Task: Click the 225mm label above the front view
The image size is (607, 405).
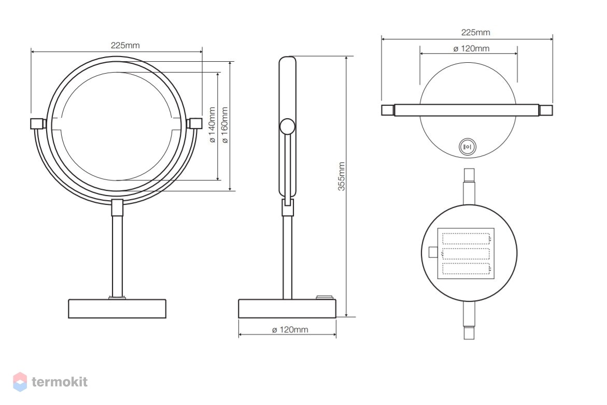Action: (125, 45)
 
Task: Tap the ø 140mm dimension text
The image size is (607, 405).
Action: (212, 125)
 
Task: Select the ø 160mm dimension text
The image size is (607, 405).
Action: (224, 125)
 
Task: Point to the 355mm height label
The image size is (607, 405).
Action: (341, 176)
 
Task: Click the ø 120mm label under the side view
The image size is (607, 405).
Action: (290, 329)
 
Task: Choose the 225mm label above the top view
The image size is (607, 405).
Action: (475, 32)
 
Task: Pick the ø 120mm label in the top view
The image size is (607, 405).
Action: (471, 48)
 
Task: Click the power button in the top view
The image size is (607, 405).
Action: (468, 147)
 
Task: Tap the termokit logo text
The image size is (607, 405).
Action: (60, 382)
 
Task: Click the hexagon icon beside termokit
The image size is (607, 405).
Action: (20, 382)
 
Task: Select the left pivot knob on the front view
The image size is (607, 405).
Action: (37, 123)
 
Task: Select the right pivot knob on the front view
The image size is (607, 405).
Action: (195, 123)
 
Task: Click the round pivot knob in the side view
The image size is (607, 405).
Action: (287, 126)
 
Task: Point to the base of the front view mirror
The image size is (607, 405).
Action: (117, 309)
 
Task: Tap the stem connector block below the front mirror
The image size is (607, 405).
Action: (117, 207)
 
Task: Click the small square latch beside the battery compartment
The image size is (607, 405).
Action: (433, 253)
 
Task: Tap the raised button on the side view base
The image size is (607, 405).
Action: (324, 297)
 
